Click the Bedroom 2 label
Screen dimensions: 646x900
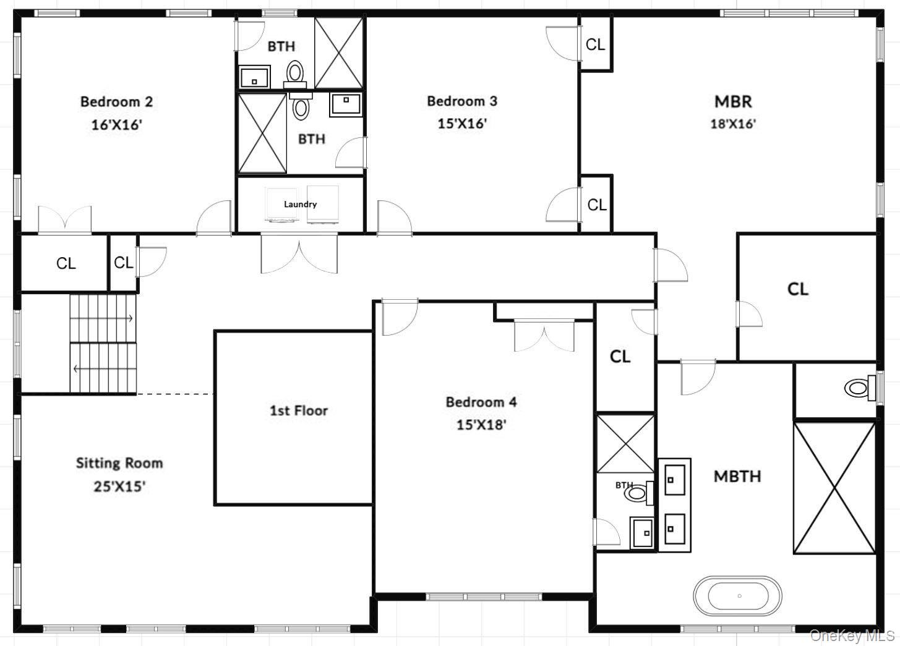tap(116, 101)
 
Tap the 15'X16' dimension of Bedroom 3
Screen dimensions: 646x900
tap(462, 123)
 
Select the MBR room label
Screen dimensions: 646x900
tap(733, 101)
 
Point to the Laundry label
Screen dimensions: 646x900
tap(300, 204)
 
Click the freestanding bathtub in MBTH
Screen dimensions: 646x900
tap(738, 596)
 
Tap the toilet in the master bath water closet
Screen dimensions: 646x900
tap(857, 388)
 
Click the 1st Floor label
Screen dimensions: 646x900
tap(298, 410)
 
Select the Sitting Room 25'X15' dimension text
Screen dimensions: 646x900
tap(119, 487)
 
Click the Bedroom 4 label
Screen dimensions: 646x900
tap(481, 402)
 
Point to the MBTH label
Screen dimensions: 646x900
tap(737, 476)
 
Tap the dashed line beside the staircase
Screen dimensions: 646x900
tap(175, 394)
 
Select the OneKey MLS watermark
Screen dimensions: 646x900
tap(852, 635)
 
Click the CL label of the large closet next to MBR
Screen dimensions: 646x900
tap(797, 289)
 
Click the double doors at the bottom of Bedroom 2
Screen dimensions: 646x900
tap(64, 220)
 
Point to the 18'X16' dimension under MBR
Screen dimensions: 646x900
tap(733, 124)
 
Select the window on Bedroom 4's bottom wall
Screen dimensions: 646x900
tap(484, 597)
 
